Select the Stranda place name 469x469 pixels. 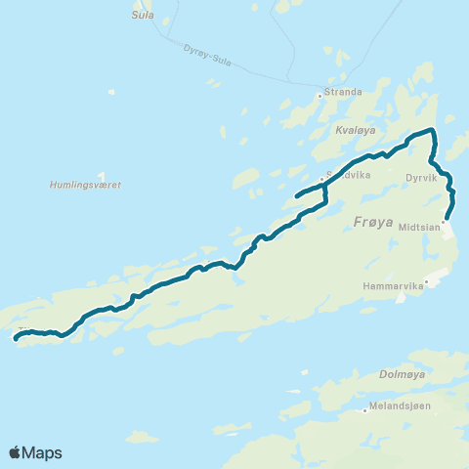click(x=343, y=92)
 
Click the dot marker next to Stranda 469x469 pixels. click(x=320, y=95)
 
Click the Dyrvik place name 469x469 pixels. click(x=422, y=179)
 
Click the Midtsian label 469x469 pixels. click(x=416, y=224)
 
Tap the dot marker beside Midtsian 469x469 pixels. click(x=443, y=223)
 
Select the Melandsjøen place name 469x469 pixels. click(x=399, y=410)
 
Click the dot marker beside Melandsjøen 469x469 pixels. click(x=364, y=410)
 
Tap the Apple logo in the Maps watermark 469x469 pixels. click(x=16, y=452)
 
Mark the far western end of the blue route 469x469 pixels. click(x=16, y=339)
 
